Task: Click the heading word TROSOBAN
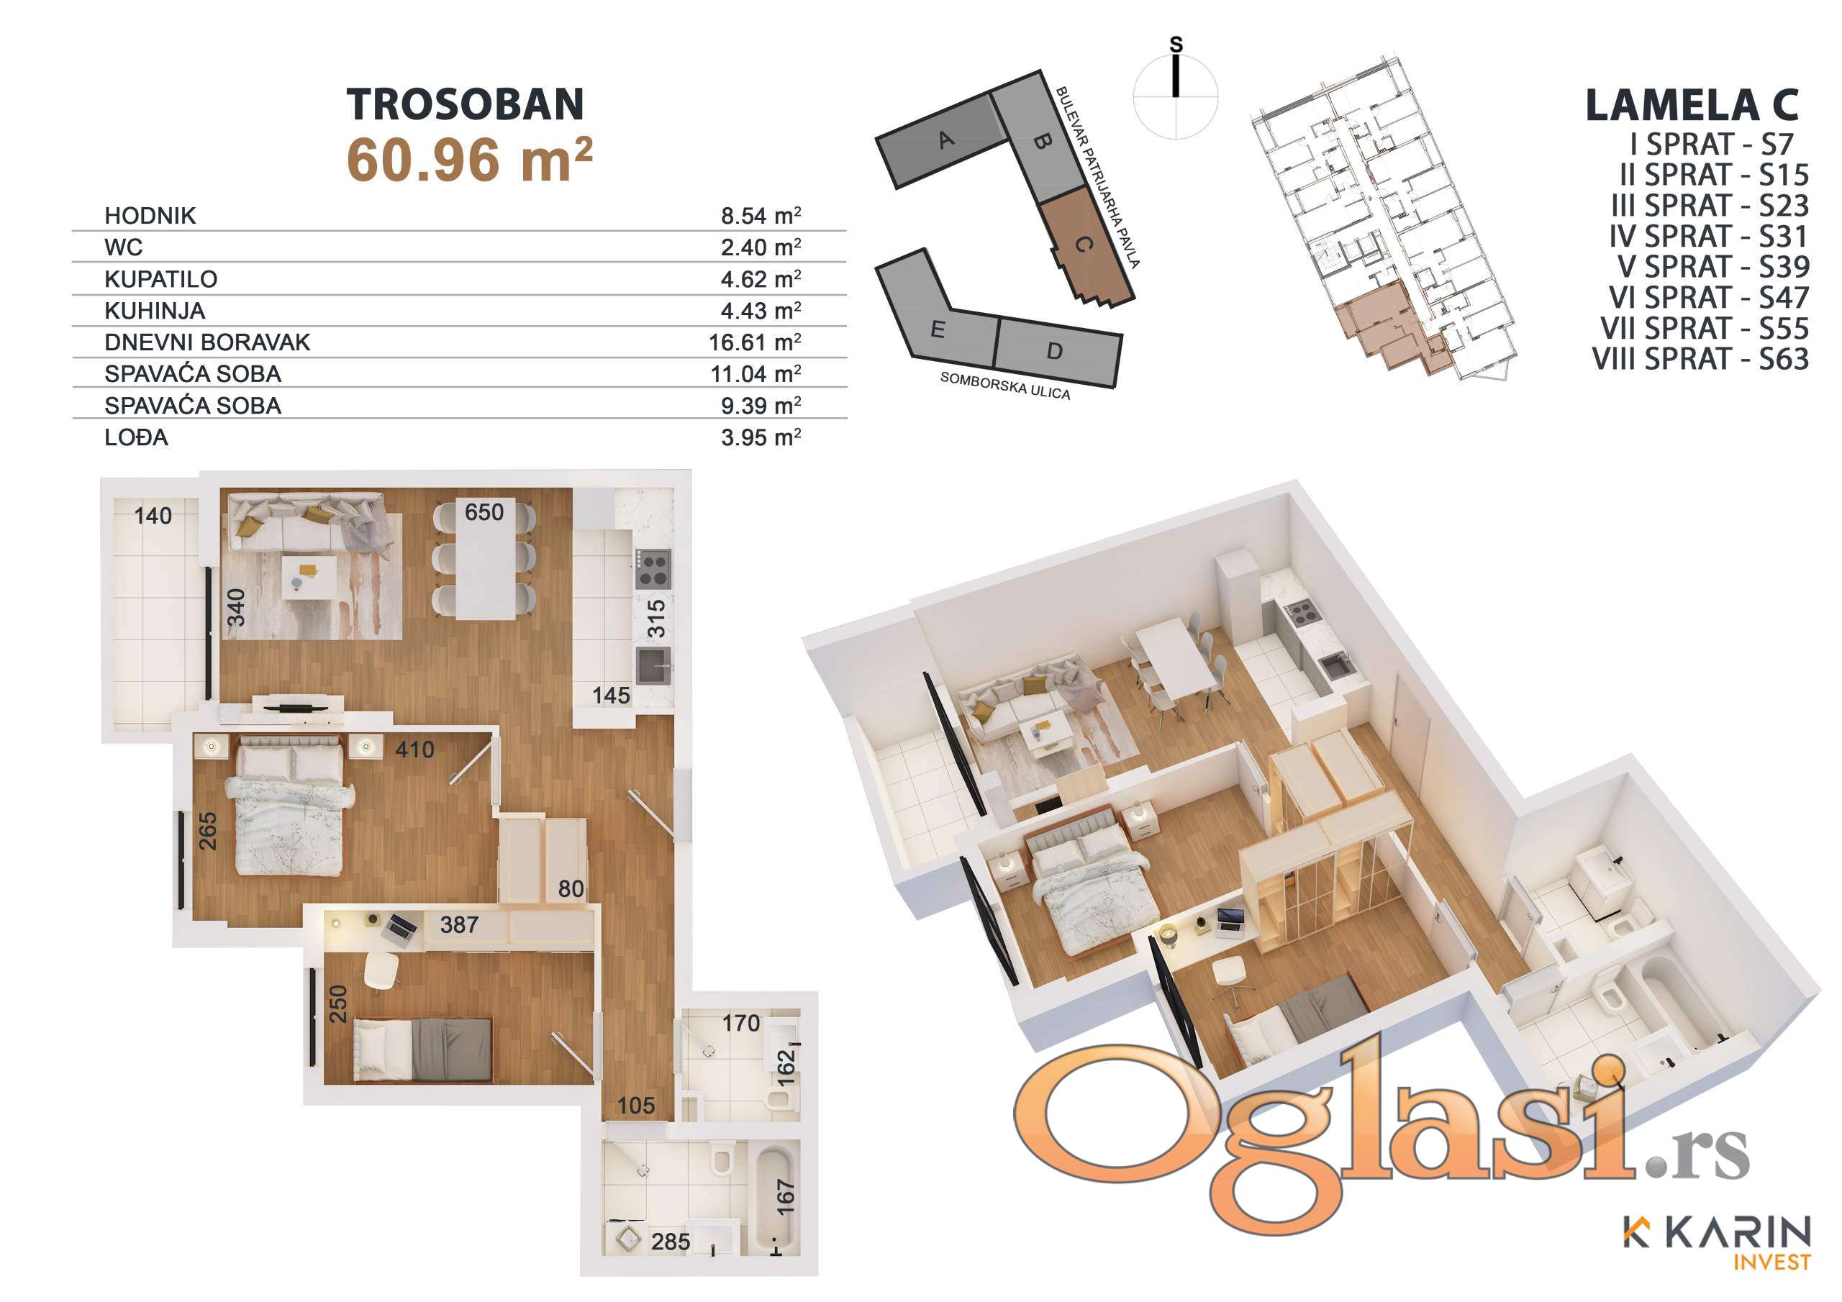coord(466,104)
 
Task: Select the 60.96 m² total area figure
coord(469,160)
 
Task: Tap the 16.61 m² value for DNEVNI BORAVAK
coord(755,342)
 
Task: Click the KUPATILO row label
coord(160,279)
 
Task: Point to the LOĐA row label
coord(137,437)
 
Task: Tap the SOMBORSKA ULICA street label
coord(1005,386)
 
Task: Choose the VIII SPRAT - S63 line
coord(1701,359)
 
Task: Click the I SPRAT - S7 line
coord(1711,145)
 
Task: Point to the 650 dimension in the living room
coord(484,512)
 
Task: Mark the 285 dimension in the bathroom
coord(670,1242)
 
